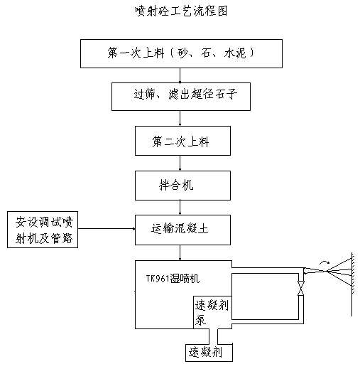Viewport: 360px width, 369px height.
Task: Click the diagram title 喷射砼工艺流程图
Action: [181, 11]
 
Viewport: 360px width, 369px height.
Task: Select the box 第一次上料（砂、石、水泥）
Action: [181, 54]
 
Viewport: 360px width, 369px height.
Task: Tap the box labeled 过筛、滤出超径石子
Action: [181, 97]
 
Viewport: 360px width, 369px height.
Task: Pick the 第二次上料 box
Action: [182, 141]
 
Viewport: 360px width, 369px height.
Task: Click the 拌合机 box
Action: [182, 186]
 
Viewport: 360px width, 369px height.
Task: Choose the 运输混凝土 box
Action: [182, 230]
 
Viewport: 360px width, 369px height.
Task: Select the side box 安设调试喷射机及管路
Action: [43, 230]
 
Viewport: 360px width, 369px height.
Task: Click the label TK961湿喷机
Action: [173, 279]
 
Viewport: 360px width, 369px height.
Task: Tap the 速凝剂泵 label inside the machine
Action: [212, 312]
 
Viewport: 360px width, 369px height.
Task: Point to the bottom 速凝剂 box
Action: [209, 352]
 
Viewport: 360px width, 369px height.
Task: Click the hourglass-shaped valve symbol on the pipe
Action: [301, 288]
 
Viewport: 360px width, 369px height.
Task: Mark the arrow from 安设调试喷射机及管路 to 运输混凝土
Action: [107, 229]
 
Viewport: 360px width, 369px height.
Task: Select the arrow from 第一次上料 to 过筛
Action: [180, 75]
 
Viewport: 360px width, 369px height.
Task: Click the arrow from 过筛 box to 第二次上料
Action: [180, 118]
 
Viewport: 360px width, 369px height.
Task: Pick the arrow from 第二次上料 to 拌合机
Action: [180, 164]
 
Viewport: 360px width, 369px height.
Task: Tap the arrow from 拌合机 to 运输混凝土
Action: [180, 208]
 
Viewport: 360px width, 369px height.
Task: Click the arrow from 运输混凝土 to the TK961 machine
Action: [180, 253]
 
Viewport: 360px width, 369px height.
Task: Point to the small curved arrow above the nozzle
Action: [324, 262]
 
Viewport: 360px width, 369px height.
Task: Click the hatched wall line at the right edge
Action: [352, 284]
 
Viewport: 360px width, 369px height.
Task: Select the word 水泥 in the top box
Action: [235, 53]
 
